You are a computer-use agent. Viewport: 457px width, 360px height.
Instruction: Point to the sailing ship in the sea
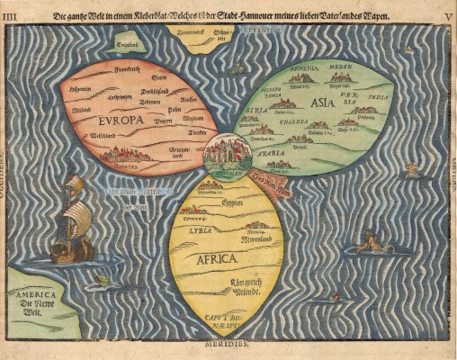[x=72, y=220]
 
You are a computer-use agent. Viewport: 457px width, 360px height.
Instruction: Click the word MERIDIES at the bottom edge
[x=230, y=344]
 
